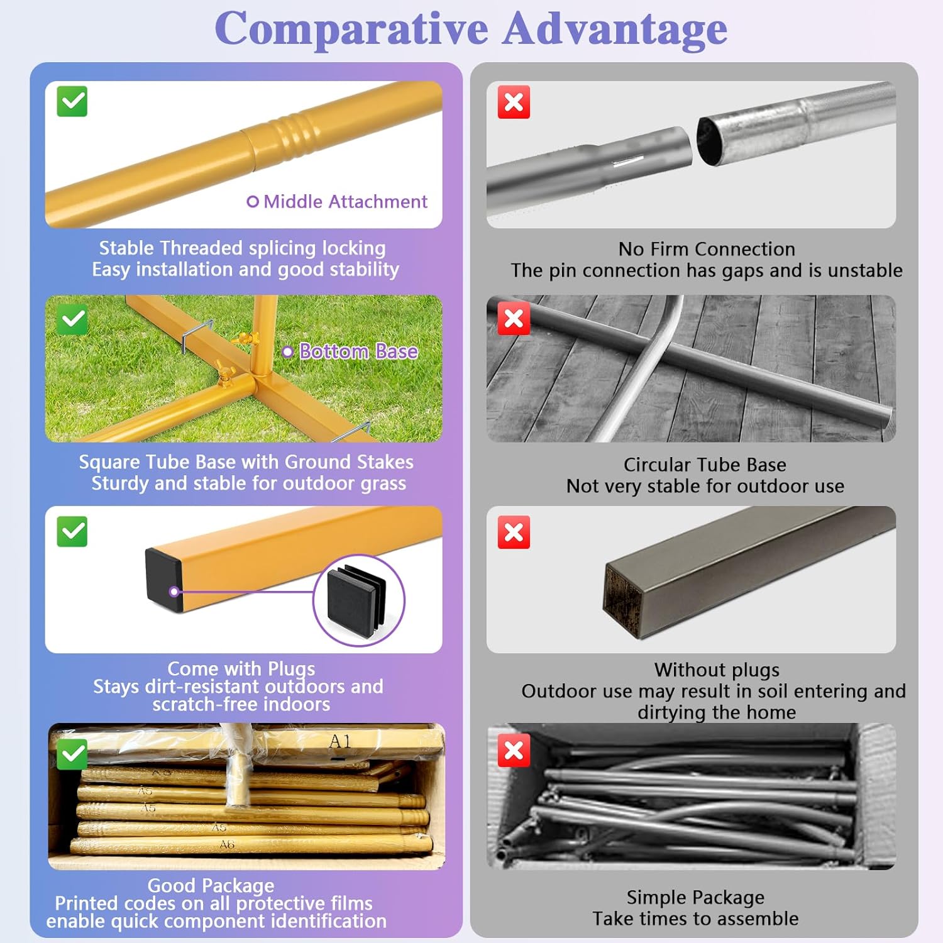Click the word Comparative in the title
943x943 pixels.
click(351, 29)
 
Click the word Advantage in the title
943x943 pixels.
click(615, 29)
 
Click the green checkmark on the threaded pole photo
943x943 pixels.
click(72, 101)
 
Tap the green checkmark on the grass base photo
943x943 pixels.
click(72, 319)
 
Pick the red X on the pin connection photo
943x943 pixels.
click(514, 102)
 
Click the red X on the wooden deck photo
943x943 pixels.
click(514, 319)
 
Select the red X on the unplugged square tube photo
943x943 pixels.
click(514, 533)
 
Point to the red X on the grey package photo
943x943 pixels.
click(514, 751)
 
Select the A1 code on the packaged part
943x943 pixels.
click(339, 742)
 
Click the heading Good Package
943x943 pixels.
click(211, 885)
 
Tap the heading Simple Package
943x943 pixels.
click(695, 897)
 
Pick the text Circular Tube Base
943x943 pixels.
click(705, 465)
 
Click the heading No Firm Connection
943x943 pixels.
click(707, 249)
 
